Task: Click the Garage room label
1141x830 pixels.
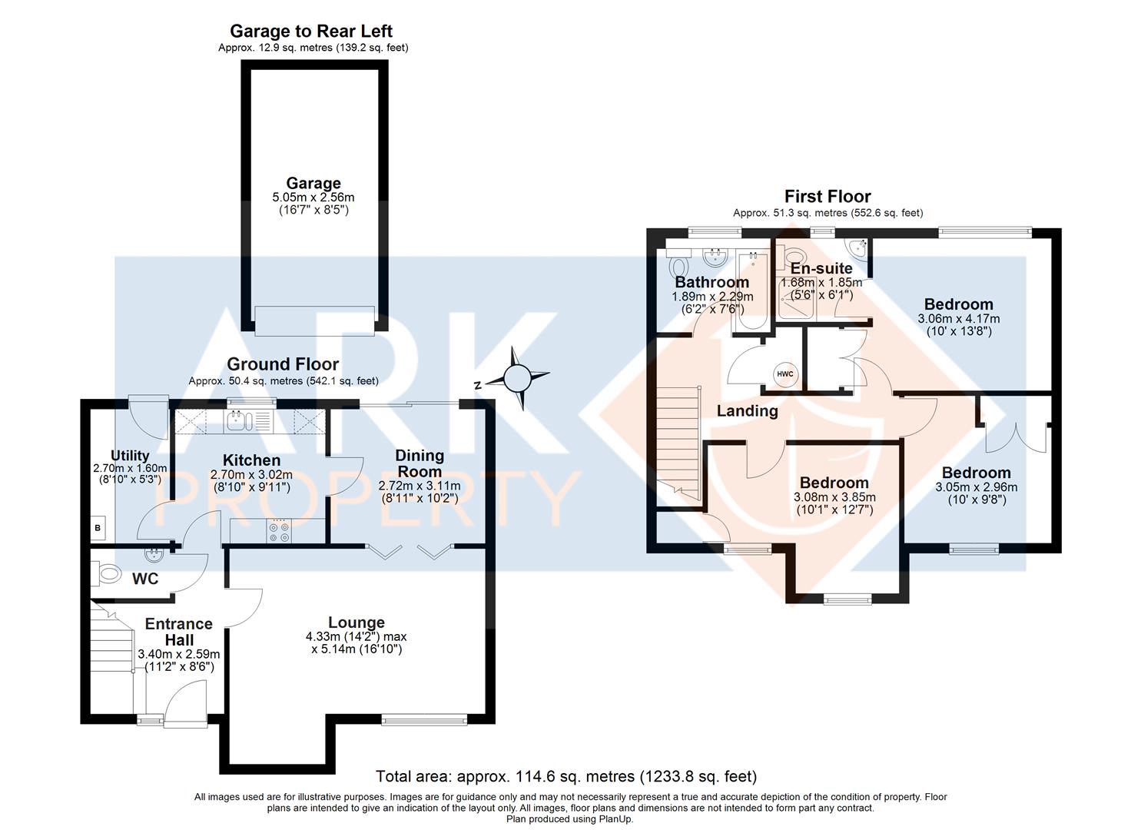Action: click(x=313, y=183)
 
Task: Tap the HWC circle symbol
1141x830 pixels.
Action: click(x=785, y=374)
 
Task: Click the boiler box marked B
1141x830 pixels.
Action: click(x=98, y=528)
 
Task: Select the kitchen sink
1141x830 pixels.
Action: click(x=239, y=421)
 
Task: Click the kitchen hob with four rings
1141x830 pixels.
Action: click(x=279, y=531)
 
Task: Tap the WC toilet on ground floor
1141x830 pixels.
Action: click(x=106, y=575)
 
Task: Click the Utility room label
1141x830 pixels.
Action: click(x=130, y=456)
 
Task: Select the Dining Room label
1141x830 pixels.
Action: click(x=420, y=463)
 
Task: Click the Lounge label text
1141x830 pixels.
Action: click(x=357, y=622)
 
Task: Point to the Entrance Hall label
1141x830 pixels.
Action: click(x=179, y=632)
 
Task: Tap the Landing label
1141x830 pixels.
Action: click(x=748, y=410)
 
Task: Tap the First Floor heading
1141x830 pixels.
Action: click(x=828, y=196)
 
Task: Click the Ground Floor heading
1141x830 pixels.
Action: click(x=283, y=364)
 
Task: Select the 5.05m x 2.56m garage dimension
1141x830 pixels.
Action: click(x=313, y=198)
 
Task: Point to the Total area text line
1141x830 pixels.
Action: click(x=566, y=776)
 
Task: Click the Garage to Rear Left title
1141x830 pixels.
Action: click(x=311, y=31)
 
